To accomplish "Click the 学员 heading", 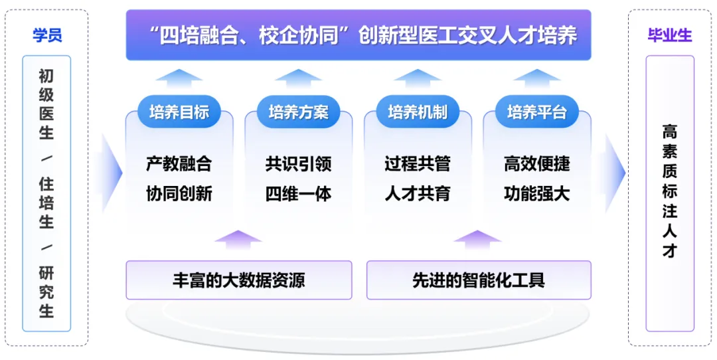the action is pos(47,36).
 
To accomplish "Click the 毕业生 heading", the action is pos(670,36).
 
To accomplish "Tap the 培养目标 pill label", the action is pos(179,112).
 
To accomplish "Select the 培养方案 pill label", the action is pos(299,112).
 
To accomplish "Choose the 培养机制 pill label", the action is pos(418,112).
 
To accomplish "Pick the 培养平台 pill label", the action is pos(537,112).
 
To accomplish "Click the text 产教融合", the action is pos(179,164).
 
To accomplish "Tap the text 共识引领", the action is pos(299,164).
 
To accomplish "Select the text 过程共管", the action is pos(418,164).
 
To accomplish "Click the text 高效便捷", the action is pos(537,164).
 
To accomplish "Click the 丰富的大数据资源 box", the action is pos(239,280).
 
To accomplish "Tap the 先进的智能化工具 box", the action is pos(479,280).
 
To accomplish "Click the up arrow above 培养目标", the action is pos(179,78).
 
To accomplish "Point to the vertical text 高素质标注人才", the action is pos(670,192).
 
